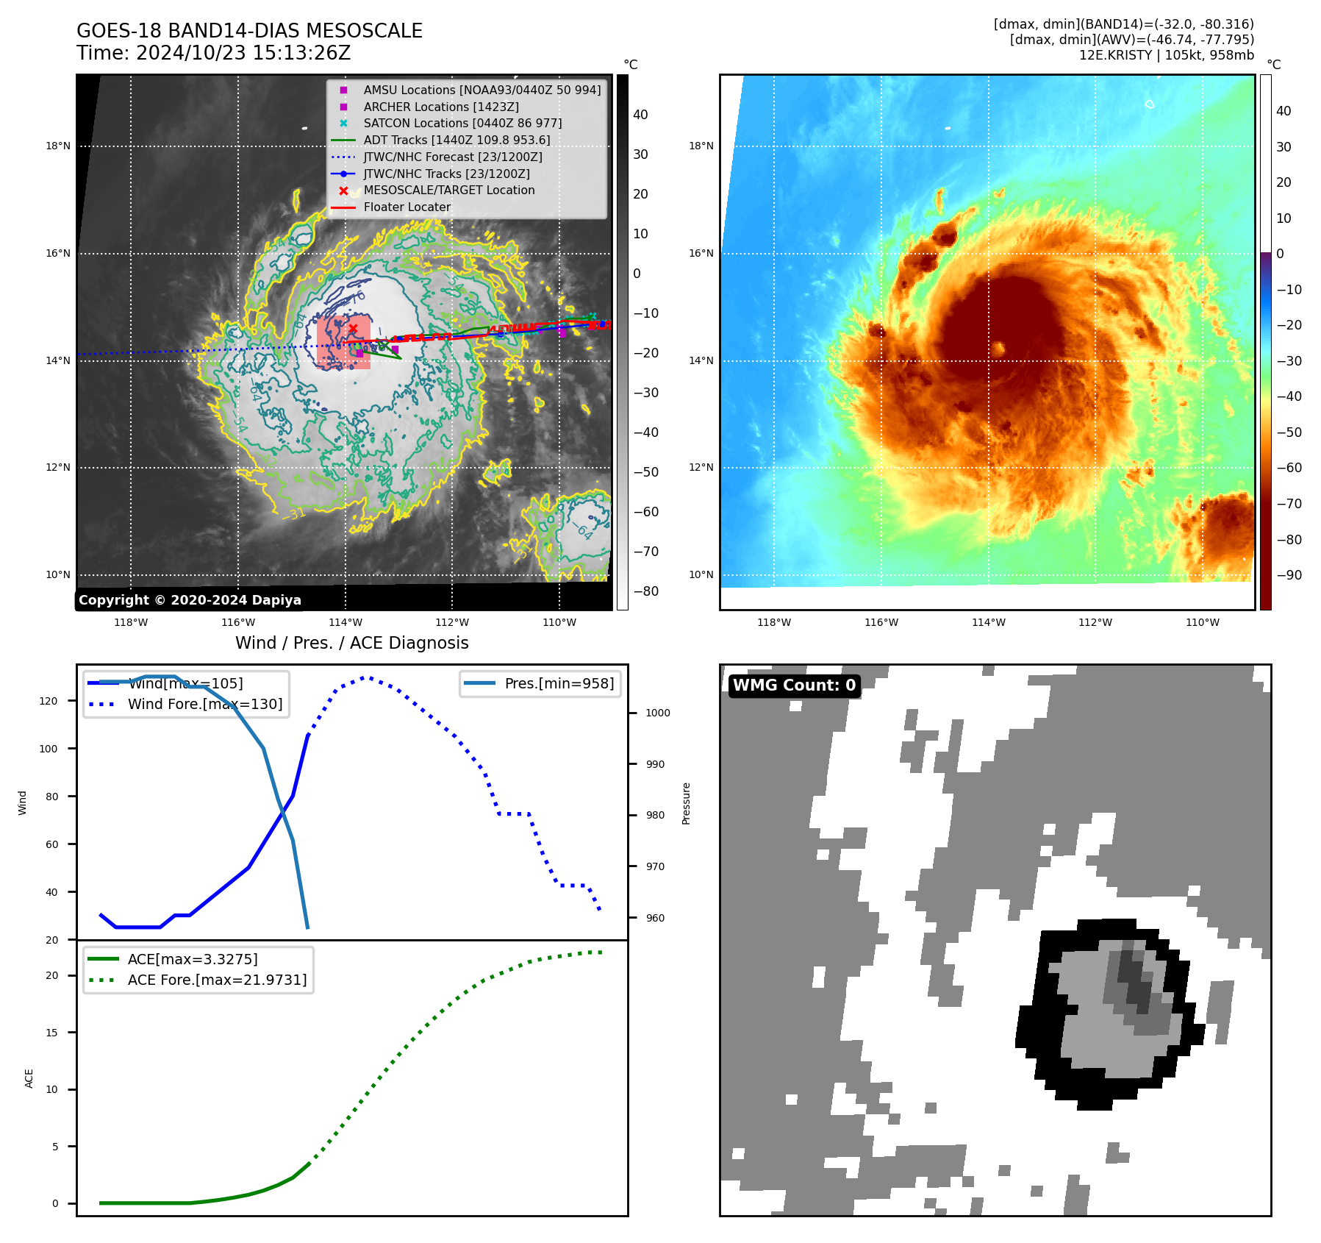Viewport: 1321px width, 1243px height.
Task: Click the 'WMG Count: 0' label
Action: [794, 685]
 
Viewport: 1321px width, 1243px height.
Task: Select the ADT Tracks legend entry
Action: [457, 140]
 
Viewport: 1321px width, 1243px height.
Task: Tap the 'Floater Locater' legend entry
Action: [407, 207]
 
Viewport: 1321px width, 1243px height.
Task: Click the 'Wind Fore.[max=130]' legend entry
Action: [205, 704]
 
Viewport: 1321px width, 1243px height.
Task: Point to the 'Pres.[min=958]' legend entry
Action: [559, 683]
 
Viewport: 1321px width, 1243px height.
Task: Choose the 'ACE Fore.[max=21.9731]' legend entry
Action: [217, 980]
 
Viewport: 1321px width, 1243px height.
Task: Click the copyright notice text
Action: [190, 600]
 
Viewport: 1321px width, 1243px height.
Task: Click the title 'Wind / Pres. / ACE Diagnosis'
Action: [351, 643]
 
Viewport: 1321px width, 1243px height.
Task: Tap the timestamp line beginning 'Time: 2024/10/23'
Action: [213, 53]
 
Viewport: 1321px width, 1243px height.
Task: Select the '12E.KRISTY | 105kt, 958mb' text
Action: [1166, 55]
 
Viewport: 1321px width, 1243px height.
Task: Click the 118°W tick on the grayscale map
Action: [131, 622]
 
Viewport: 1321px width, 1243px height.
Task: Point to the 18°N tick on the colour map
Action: [701, 146]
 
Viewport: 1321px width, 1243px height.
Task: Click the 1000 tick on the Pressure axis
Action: [657, 713]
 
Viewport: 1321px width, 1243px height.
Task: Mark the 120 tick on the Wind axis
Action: [49, 701]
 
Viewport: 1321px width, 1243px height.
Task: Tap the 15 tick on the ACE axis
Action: [51, 1033]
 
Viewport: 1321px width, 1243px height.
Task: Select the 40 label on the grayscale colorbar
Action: [640, 115]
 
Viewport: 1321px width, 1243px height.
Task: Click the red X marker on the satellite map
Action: [353, 329]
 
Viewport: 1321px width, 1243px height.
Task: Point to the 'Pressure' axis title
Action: [686, 803]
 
